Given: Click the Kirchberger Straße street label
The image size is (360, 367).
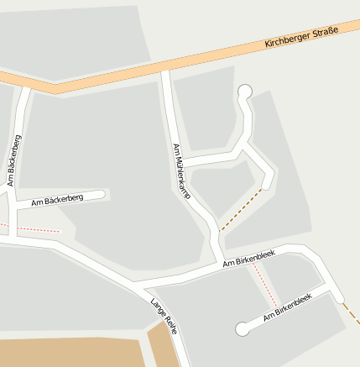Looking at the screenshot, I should pos(301,37).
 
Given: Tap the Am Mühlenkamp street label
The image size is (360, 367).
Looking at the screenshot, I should pos(182,171).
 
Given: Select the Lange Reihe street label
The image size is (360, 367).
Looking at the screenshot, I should pos(163,316).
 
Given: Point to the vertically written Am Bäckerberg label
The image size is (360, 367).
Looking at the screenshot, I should pos(14,160).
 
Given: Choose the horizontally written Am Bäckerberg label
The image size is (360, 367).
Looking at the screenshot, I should pos(57,200).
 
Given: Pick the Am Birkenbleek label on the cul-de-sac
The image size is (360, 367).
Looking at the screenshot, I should pos(287,308).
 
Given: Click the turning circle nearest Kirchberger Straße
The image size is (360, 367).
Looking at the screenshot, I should pos(245,92).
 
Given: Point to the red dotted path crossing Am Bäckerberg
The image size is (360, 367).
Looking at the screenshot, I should pos(34,228).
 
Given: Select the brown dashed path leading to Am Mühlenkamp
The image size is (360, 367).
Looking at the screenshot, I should pos(240,210).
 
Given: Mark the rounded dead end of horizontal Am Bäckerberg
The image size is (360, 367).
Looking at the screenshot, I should pos(102,195).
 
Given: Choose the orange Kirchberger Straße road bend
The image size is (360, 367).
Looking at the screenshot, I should pos(55,87).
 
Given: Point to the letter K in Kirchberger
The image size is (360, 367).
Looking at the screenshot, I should pos(267,44).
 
